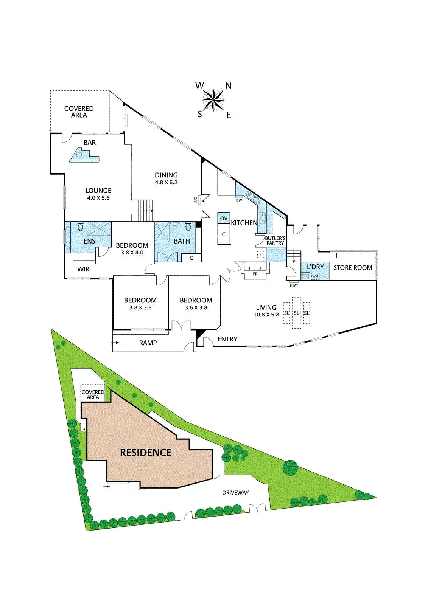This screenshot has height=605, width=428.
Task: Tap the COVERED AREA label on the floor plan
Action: tap(79, 112)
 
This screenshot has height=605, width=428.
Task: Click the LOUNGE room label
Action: tap(98, 191)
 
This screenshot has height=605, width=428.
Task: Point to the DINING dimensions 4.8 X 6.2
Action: tap(166, 182)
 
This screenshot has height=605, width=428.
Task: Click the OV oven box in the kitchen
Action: tap(224, 218)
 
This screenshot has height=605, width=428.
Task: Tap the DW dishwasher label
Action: tap(239, 200)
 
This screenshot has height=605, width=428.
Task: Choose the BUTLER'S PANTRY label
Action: tap(275, 240)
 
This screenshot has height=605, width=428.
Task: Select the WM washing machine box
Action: tap(315, 276)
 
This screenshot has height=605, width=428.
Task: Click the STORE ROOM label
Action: tap(353, 268)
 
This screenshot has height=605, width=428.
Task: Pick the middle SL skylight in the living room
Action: tap(296, 313)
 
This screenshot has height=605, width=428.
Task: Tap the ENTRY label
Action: tap(227, 339)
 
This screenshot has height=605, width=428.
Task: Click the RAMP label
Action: tap(148, 343)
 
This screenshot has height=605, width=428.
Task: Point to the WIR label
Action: tap(84, 269)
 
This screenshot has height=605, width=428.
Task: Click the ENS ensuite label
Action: tap(89, 241)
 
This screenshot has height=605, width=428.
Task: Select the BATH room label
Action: tap(182, 241)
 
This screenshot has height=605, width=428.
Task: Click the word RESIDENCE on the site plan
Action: tap(146, 453)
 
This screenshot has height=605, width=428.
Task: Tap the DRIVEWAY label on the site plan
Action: tap(235, 493)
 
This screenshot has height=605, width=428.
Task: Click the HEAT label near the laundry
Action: tap(294, 285)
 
